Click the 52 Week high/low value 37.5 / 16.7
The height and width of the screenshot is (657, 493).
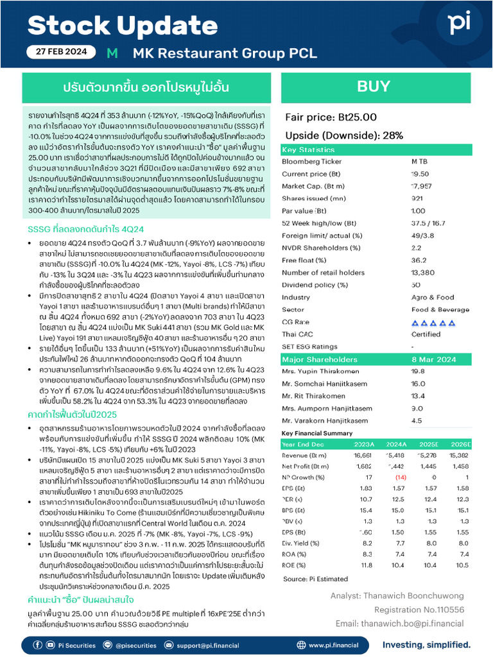(x=427, y=223)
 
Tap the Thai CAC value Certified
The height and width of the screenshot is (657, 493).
(x=425, y=334)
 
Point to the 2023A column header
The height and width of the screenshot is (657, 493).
(x=364, y=444)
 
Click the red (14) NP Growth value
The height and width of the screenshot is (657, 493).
(x=399, y=477)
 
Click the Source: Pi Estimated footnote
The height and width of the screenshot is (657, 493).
(x=313, y=579)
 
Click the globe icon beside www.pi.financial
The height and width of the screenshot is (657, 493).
(x=301, y=644)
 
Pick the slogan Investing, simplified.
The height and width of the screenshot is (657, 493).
(x=426, y=644)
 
